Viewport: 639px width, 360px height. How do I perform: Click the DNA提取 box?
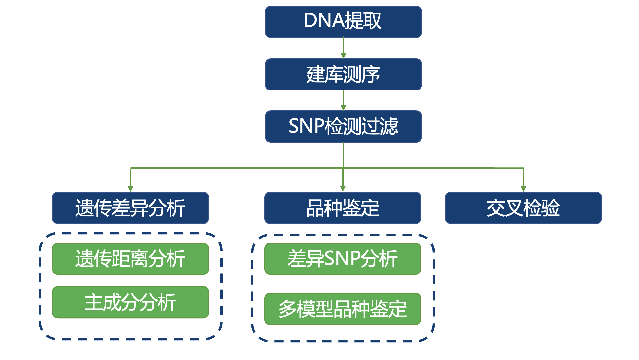[343, 22]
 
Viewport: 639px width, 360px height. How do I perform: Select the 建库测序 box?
[343, 74]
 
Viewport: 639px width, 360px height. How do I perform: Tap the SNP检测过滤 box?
[343, 126]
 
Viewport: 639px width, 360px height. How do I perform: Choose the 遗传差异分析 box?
[130, 208]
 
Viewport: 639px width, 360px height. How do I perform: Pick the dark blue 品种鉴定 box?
[343, 208]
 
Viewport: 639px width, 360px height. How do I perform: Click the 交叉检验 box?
[524, 208]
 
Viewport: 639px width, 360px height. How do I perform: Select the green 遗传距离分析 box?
[130, 259]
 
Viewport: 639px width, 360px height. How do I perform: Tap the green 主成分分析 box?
[130, 302]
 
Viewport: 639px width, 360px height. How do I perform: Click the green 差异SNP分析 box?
[343, 259]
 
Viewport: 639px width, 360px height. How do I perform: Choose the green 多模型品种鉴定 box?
[343, 309]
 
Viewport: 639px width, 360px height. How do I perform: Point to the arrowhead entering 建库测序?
[343, 55]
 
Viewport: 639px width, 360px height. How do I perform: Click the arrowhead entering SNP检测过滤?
[343, 107]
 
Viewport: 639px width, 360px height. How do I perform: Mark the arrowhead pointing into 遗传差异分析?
[130, 189]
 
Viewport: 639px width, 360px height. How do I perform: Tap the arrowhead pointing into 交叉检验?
[523, 189]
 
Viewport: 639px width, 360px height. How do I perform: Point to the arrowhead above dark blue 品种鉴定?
[343, 189]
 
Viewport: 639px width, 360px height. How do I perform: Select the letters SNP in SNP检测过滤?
[306, 126]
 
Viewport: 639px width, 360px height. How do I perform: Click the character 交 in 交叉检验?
[496, 208]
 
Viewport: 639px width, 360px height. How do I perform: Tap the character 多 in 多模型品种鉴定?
[287, 309]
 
